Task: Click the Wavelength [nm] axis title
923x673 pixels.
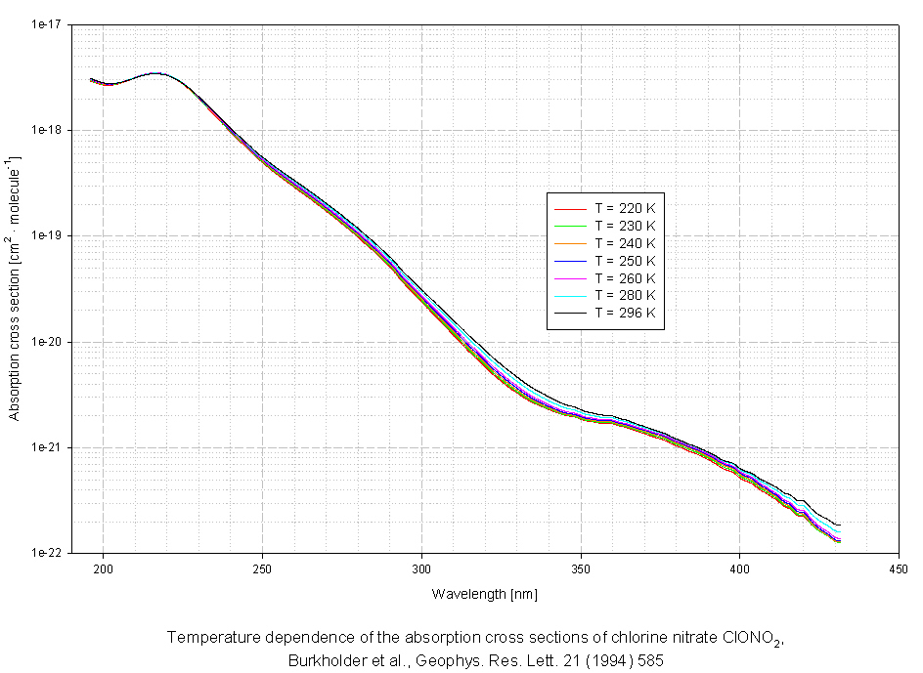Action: pos(484,593)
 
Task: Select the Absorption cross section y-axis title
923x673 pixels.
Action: pos(14,288)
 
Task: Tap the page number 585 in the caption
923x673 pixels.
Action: pos(649,660)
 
